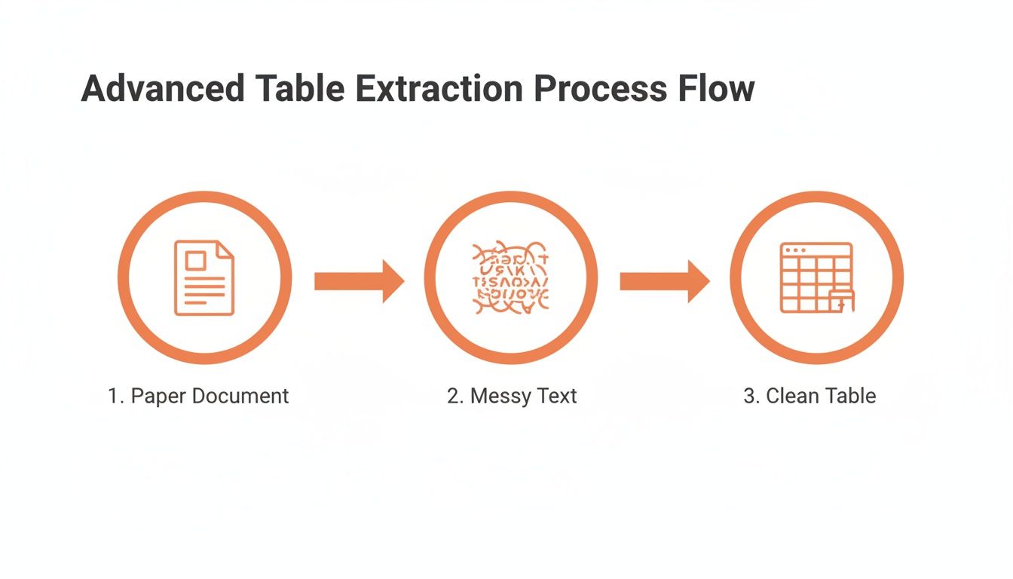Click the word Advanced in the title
(x=161, y=89)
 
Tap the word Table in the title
(x=297, y=89)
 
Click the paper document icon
(x=204, y=277)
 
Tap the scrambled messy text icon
(x=510, y=277)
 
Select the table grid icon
(x=816, y=277)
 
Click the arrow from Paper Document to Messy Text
(x=359, y=281)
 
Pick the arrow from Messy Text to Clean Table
(x=664, y=281)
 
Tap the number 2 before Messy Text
(x=454, y=396)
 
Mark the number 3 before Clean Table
(x=750, y=396)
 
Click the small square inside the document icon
(x=195, y=261)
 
